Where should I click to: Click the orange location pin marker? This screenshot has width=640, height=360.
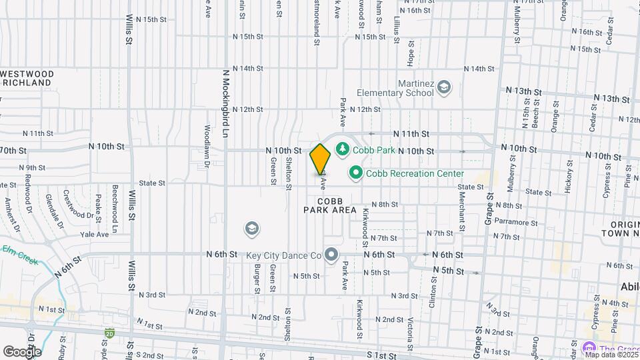[320, 159]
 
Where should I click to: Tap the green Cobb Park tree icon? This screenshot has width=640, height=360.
[343, 148]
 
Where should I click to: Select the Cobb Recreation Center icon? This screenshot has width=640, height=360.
[355, 173]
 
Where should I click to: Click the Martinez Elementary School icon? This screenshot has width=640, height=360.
[445, 87]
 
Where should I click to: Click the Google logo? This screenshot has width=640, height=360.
[22, 351]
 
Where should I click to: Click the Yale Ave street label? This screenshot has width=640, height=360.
[94, 234]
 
